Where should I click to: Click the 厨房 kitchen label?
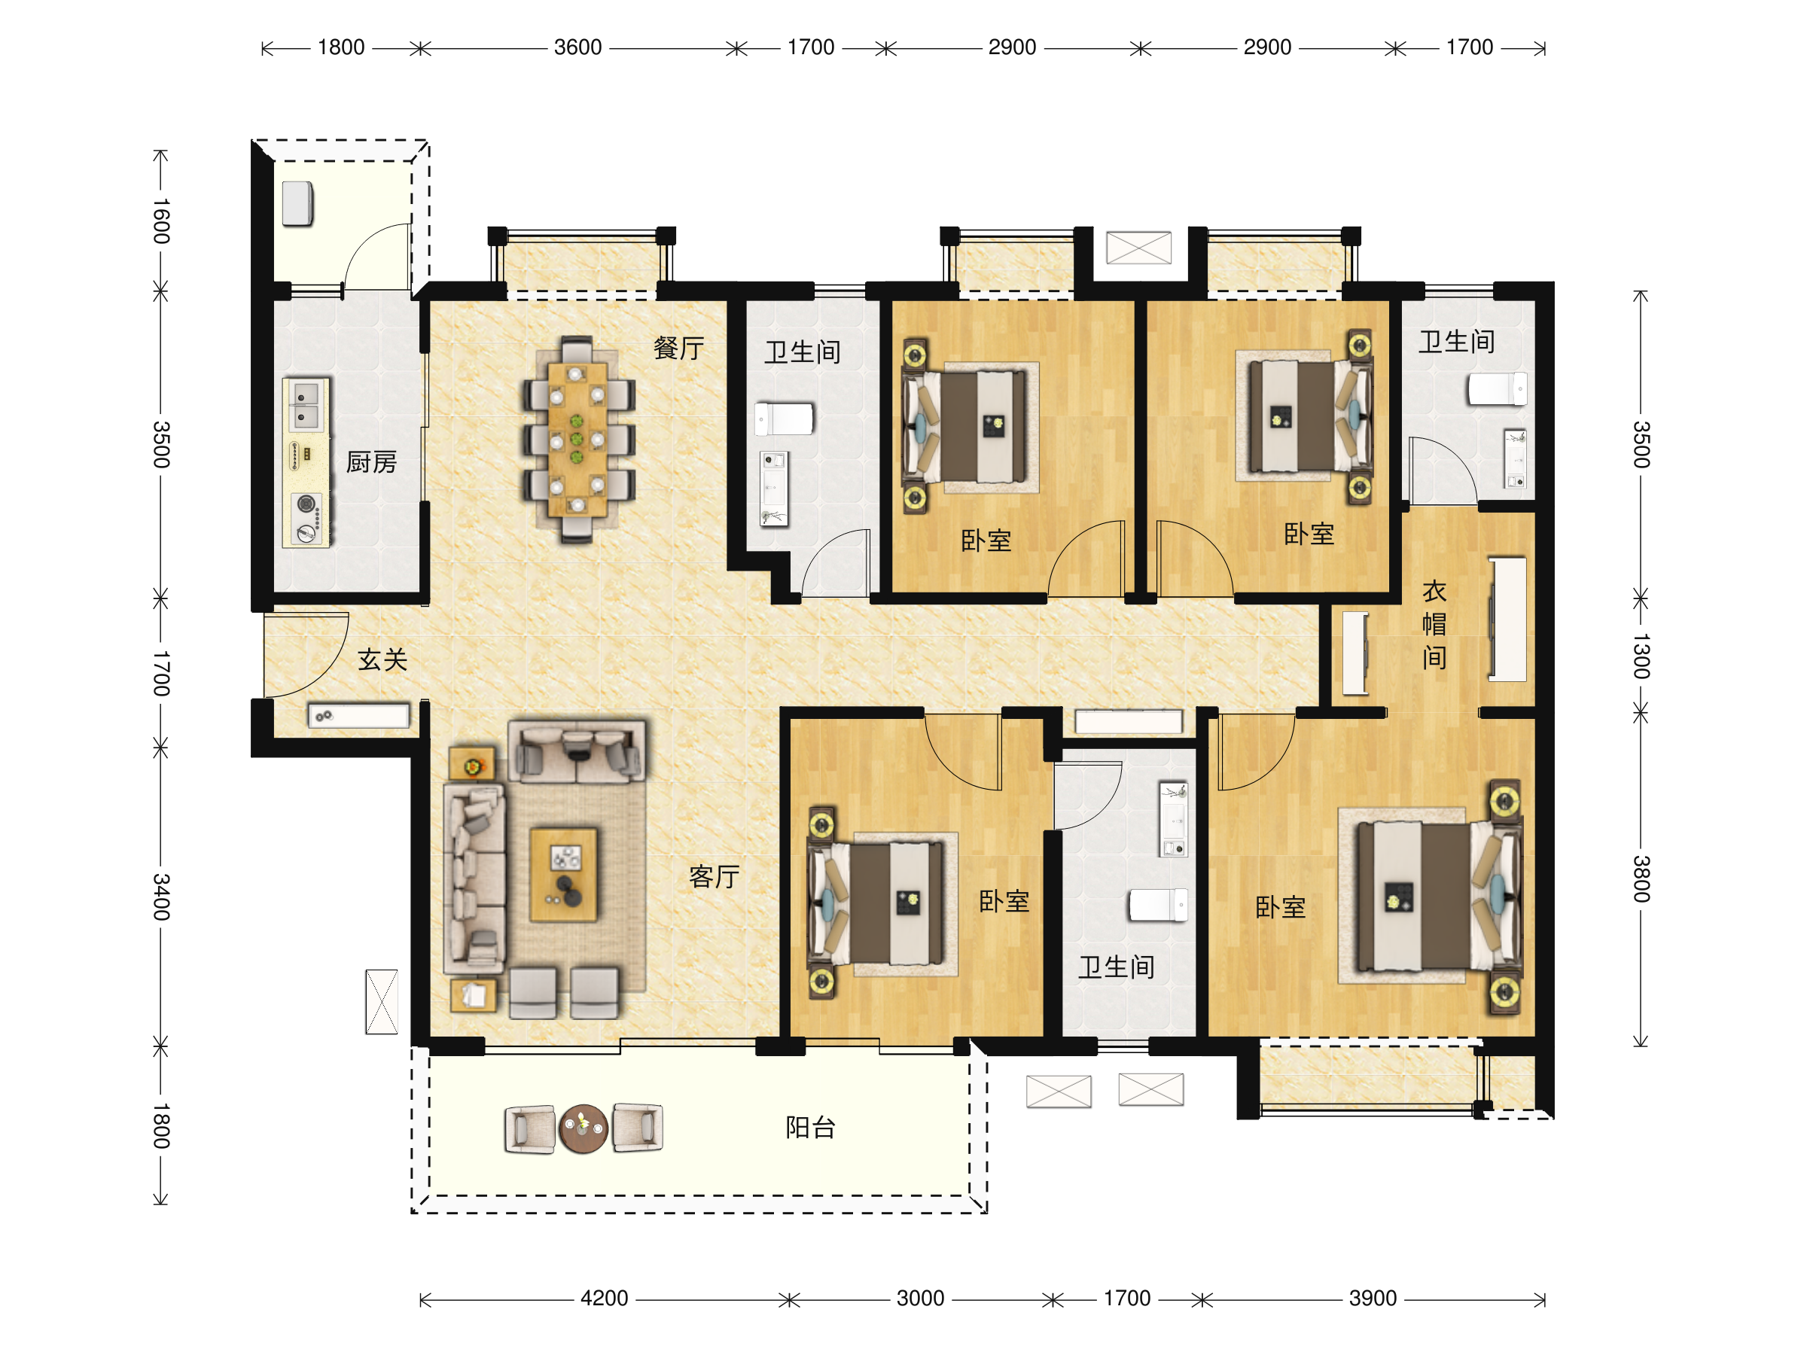click(x=371, y=462)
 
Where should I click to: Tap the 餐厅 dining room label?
click(x=678, y=348)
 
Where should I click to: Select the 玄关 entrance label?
click(x=382, y=659)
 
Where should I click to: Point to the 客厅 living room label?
click(x=714, y=876)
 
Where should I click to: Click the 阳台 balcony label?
click(x=810, y=1127)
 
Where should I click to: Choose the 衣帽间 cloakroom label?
click(x=1434, y=624)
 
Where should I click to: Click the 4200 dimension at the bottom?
click(x=604, y=1298)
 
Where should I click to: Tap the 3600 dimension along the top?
click(x=577, y=47)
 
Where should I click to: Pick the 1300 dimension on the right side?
click(x=1641, y=656)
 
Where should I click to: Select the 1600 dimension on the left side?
click(x=161, y=221)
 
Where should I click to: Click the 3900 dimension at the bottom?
click(x=1373, y=1298)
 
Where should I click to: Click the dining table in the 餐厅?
click(x=577, y=440)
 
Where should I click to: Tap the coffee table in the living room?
click(x=564, y=875)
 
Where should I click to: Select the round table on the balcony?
click(x=583, y=1128)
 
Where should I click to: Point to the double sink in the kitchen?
click(x=306, y=405)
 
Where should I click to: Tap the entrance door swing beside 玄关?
click(x=306, y=655)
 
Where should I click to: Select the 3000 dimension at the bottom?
click(x=920, y=1298)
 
